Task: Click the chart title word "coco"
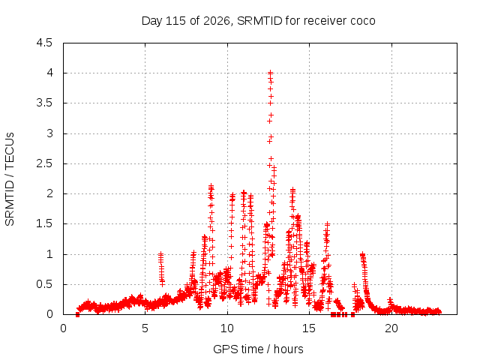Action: (x=362, y=21)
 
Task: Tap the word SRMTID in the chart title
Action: (x=259, y=21)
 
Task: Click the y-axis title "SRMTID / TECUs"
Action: (x=10, y=179)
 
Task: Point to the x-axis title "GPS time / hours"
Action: (x=258, y=349)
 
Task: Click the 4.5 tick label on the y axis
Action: (x=44, y=43)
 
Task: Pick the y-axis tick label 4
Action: (x=49, y=73)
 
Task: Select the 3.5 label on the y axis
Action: (x=44, y=103)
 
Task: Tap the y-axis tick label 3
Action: (x=49, y=133)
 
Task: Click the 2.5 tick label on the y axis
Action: (x=44, y=163)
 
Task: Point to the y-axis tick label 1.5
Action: (x=44, y=223)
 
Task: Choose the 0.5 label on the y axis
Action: (x=44, y=284)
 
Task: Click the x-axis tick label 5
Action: (x=145, y=328)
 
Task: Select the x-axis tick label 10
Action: (x=226, y=328)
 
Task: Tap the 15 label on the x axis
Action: (x=309, y=328)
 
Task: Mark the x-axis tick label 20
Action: (x=391, y=328)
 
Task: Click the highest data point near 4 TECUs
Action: (x=270, y=73)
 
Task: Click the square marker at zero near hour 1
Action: (x=77, y=314)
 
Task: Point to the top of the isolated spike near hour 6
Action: (x=160, y=254)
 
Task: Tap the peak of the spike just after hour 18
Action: (x=362, y=254)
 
